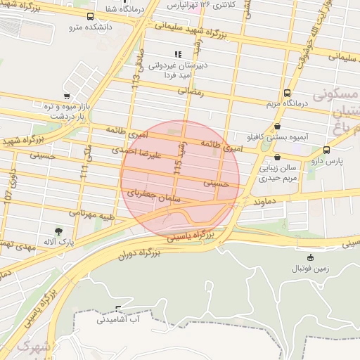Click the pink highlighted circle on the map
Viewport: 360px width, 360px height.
pos(180,179)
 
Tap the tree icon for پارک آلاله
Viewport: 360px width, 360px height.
pos(58,231)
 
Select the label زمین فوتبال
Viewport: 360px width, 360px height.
pos(310,269)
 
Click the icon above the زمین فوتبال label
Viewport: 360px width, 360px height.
pos(310,257)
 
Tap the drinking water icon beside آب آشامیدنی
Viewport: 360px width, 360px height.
pos(118,309)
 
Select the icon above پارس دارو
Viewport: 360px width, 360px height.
pos(326,150)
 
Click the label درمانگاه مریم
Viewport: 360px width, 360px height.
pos(287,105)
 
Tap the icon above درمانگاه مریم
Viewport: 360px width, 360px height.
pos(287,93)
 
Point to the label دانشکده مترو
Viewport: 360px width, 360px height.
pos(87,27)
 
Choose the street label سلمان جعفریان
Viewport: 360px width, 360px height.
pos(153,196)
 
